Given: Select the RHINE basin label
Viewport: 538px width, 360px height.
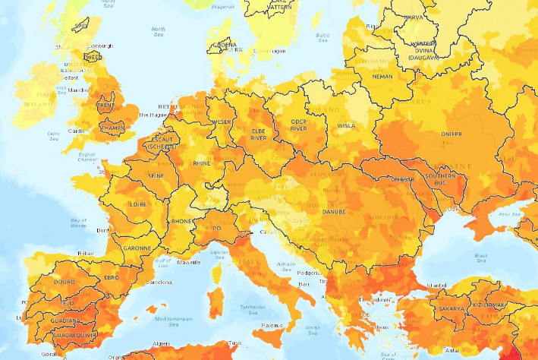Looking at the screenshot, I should click(203, 163).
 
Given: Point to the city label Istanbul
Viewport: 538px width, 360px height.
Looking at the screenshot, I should click(438, 285).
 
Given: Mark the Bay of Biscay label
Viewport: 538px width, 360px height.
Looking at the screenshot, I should click(80, 222).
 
